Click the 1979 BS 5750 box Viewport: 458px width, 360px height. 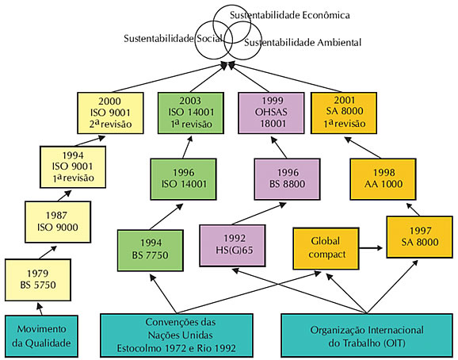(38, 280)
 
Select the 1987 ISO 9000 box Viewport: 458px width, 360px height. (58, 222)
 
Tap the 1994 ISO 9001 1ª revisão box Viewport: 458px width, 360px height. (73, 167)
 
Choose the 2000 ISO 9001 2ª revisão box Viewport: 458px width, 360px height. (110, 113)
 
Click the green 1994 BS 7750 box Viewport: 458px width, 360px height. (151, 250)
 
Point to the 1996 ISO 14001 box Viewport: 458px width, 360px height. (183, 179)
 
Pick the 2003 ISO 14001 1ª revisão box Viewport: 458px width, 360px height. (191, 113)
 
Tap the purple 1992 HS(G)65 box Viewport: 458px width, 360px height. (232, 246)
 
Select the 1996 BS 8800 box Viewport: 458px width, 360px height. (287, 179)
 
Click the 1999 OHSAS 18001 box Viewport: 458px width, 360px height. (271, 113)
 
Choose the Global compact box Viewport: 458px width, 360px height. (326, 248)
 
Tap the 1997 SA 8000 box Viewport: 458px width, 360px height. (420, 236)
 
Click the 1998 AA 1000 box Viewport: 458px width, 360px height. (383, 179)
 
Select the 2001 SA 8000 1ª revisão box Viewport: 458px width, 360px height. (344, 113)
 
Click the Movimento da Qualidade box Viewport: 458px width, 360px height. (41, 336)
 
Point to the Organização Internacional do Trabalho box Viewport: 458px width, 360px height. (367, 335)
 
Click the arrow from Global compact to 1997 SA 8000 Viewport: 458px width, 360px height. (371, 248)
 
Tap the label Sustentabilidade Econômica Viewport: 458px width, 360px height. (290, 15)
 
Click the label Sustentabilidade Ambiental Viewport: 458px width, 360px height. (303, 43)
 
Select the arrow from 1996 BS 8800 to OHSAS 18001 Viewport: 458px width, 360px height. (279, 147)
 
